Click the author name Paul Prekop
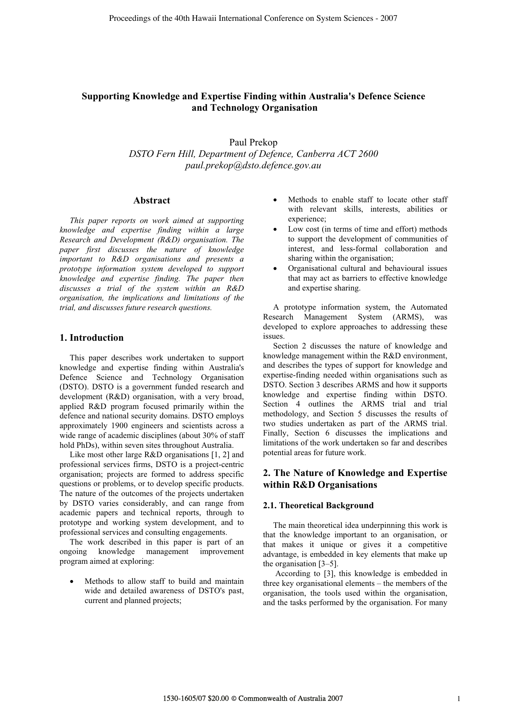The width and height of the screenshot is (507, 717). (253, 143)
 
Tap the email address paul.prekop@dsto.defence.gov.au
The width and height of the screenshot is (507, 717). (253, 165)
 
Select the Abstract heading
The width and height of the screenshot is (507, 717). (152, 201)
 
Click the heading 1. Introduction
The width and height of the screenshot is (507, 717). (92, 338)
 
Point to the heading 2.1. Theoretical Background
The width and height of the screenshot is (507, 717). (318, 505)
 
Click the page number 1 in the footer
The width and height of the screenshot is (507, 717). (459, 699)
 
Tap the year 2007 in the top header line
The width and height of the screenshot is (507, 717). (389, 18)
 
